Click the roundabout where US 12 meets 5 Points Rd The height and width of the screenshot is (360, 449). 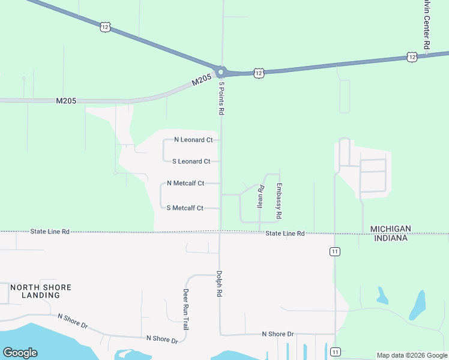tap(220, 72)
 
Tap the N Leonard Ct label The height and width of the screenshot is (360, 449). tap(193, 140)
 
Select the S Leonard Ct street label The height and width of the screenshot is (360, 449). tap(191, 161)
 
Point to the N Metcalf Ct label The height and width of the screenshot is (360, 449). tap(185, 183)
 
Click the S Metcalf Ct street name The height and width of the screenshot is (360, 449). tap(185, 208)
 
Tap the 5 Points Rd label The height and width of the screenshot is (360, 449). tap(221, 98)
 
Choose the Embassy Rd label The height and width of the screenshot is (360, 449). tap(279, 200)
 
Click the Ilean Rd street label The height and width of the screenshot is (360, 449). tap(261, 196)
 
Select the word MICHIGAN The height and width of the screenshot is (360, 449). tap(390, 229)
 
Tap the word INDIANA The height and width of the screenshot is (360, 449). tap(390, 238)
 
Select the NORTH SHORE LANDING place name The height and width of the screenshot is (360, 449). tap(40, 292)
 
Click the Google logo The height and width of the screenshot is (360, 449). tap(20, 353)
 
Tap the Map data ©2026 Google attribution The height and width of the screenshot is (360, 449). tap(411, 355)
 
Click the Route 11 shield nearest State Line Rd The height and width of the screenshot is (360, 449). tap(334, 251)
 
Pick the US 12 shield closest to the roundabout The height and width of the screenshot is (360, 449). tap(258, 73)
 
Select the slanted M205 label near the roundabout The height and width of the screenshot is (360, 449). tap(203, 81)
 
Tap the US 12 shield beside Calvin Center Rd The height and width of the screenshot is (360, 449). tap(411, 57)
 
